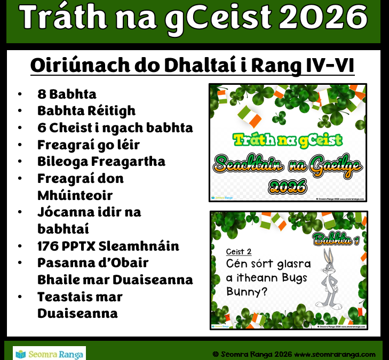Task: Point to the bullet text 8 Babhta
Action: (x=67, y=94)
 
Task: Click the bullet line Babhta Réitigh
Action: (x=86, y=111)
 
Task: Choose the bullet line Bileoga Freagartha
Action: (x=101, y=162)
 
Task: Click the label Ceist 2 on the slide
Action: (x=239, y=252)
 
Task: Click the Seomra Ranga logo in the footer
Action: (x=49, y=354)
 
